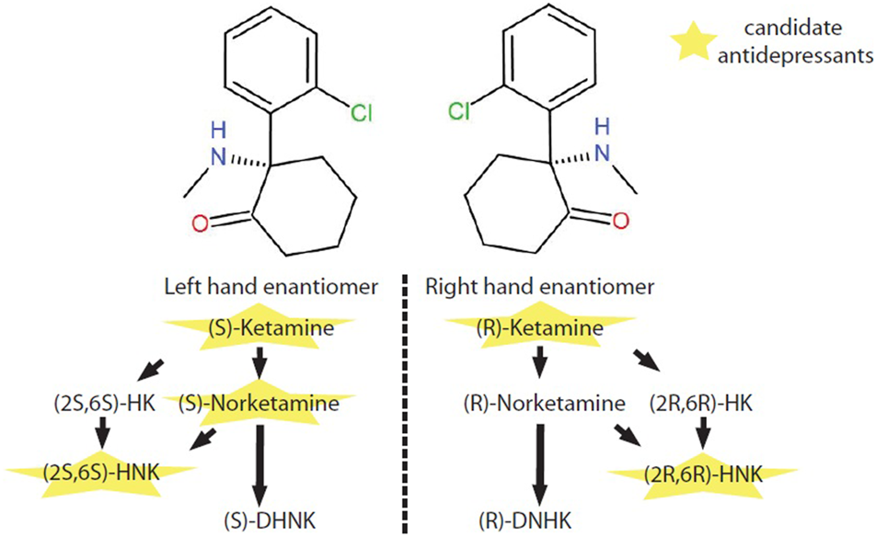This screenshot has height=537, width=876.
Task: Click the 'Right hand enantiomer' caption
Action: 539,287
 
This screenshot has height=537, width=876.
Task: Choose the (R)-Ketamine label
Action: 537,327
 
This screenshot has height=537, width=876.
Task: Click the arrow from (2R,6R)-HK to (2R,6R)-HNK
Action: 705,432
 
